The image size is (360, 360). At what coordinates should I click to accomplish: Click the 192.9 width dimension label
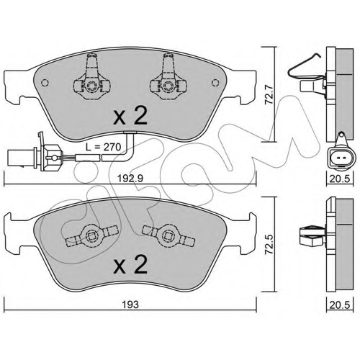[x=130, y=179]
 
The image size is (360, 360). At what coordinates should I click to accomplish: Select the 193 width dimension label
[x=130, y=305]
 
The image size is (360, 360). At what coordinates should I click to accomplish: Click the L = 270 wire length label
[x=104, y=147]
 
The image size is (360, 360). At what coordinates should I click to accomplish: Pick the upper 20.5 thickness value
[x=340, y=179]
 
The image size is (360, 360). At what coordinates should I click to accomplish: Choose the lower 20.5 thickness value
[x=340, y=305]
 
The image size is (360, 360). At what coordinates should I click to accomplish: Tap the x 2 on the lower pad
[x=130, y=264]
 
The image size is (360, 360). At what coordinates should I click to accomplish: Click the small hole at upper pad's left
[x=45, y=83]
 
